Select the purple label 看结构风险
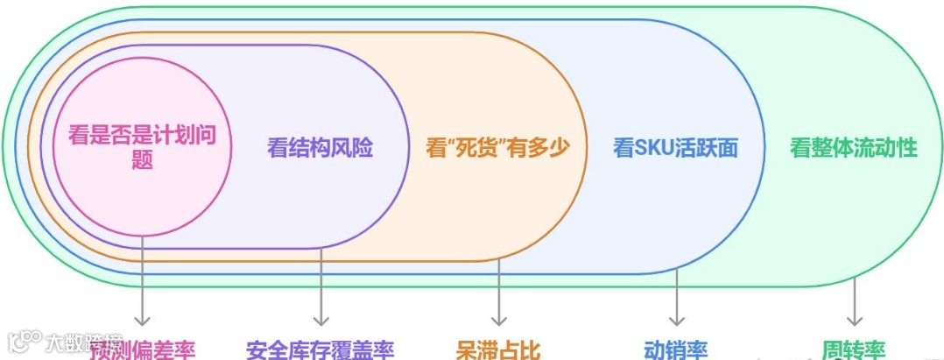pos(320,148)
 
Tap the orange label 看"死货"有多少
pos(497,147)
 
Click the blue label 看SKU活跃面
pos(675,148)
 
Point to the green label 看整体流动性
pos(853,148)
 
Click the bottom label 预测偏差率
pos(142,350)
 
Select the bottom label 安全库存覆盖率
pos(320,350)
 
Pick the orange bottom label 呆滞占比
pos(498,350)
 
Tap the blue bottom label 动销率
pos(675,350)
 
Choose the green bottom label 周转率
pos(853,350)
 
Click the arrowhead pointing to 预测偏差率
pos(142,320)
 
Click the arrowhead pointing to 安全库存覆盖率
pos(321,320)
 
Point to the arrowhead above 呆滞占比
pos(498,320)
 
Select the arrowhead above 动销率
pos(676,320)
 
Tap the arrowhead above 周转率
pos(854,320)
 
